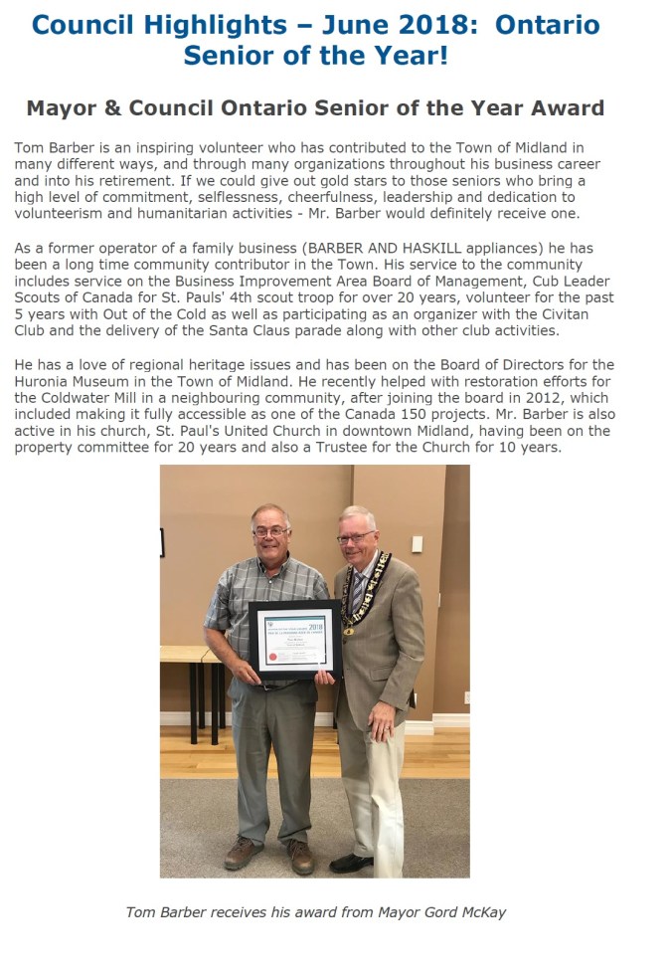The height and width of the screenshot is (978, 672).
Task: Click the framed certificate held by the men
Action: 295,638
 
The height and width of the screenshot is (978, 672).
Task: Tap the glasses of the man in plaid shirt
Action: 271,531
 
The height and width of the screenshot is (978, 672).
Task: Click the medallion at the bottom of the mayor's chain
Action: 347,629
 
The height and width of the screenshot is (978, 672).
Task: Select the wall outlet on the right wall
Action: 465,697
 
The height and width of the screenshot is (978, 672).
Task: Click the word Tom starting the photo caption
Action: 140,911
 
